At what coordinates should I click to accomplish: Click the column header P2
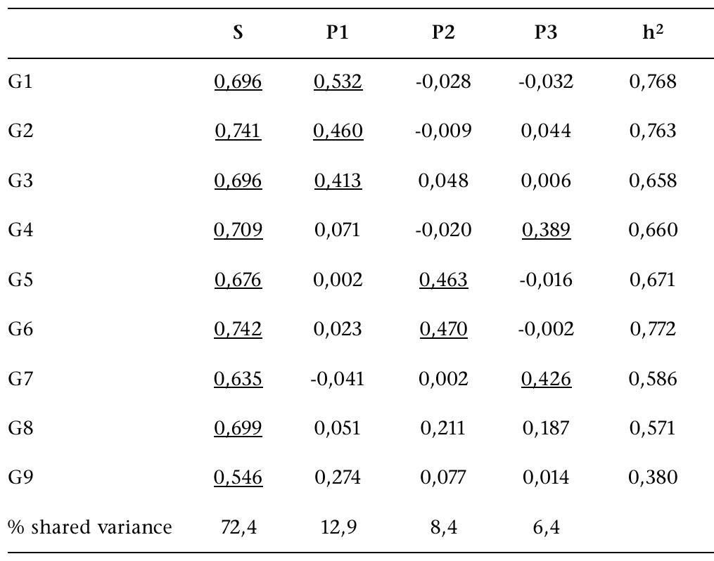point(443,33)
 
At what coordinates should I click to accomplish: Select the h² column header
point(654,32)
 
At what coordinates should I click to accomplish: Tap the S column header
point(238,33)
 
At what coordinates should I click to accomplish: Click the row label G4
point(21,231)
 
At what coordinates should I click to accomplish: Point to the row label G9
point(21,478)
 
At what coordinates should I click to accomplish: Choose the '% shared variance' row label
point(90,527)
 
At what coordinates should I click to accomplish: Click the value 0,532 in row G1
point(338,82)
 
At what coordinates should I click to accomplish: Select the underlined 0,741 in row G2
point(238,131)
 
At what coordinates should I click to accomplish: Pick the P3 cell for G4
point(546,231)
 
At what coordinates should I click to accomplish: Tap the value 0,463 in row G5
point(443,280)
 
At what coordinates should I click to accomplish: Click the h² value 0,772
point(654,330)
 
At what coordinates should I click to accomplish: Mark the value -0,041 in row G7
point(338,379)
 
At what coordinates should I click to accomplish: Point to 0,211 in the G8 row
point(443,428)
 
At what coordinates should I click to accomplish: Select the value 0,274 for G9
point(338,478)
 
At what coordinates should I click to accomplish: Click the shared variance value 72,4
point(238,527)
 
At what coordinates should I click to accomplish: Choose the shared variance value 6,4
point(546,527)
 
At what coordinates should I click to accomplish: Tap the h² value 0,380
point(654,478)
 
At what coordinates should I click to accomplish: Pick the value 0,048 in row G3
point(443,181)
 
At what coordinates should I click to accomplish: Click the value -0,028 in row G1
point(443,82)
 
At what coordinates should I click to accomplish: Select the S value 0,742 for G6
point(238,330)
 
